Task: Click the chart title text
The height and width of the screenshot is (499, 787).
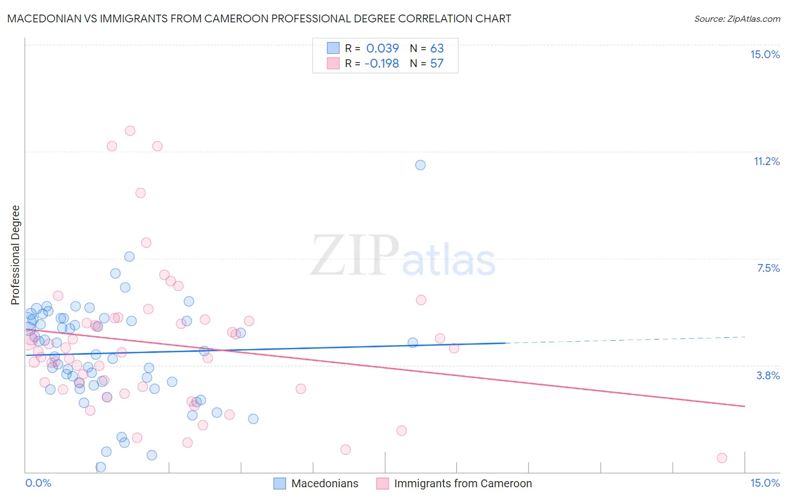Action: [x=259, y=18]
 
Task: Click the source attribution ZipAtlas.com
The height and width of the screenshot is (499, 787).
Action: [x=737, y=18]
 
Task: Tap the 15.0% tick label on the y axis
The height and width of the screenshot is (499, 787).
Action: [x=765, y=54]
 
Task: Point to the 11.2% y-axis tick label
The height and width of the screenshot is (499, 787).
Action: [x=766, y=161]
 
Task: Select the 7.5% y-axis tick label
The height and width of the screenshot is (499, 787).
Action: [x=768, y=268]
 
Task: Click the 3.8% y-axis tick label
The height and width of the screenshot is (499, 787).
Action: [x=768, y=375]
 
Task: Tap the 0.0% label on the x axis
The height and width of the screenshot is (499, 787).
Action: [x=38, y=483]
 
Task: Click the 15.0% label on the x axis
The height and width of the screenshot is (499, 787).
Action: [x=765, y=483]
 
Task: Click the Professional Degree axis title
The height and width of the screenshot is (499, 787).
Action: [x=15, y=255]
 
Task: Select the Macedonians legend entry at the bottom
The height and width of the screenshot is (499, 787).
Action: [x=316, y=483]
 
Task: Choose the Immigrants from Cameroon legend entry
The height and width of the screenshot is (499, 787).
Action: [x=454, y=483]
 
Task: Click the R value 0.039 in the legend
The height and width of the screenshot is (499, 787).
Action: [x=382, y=48]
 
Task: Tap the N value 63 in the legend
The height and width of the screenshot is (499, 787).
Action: [x=437, y=48]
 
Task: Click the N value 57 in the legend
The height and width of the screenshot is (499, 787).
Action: [x=437, y=63]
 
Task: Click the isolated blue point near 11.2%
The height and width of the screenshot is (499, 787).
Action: [x=420, y=165]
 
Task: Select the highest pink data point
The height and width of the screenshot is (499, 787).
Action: [x=130, y=131]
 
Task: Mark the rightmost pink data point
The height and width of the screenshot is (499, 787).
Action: [x=722, y=458]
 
